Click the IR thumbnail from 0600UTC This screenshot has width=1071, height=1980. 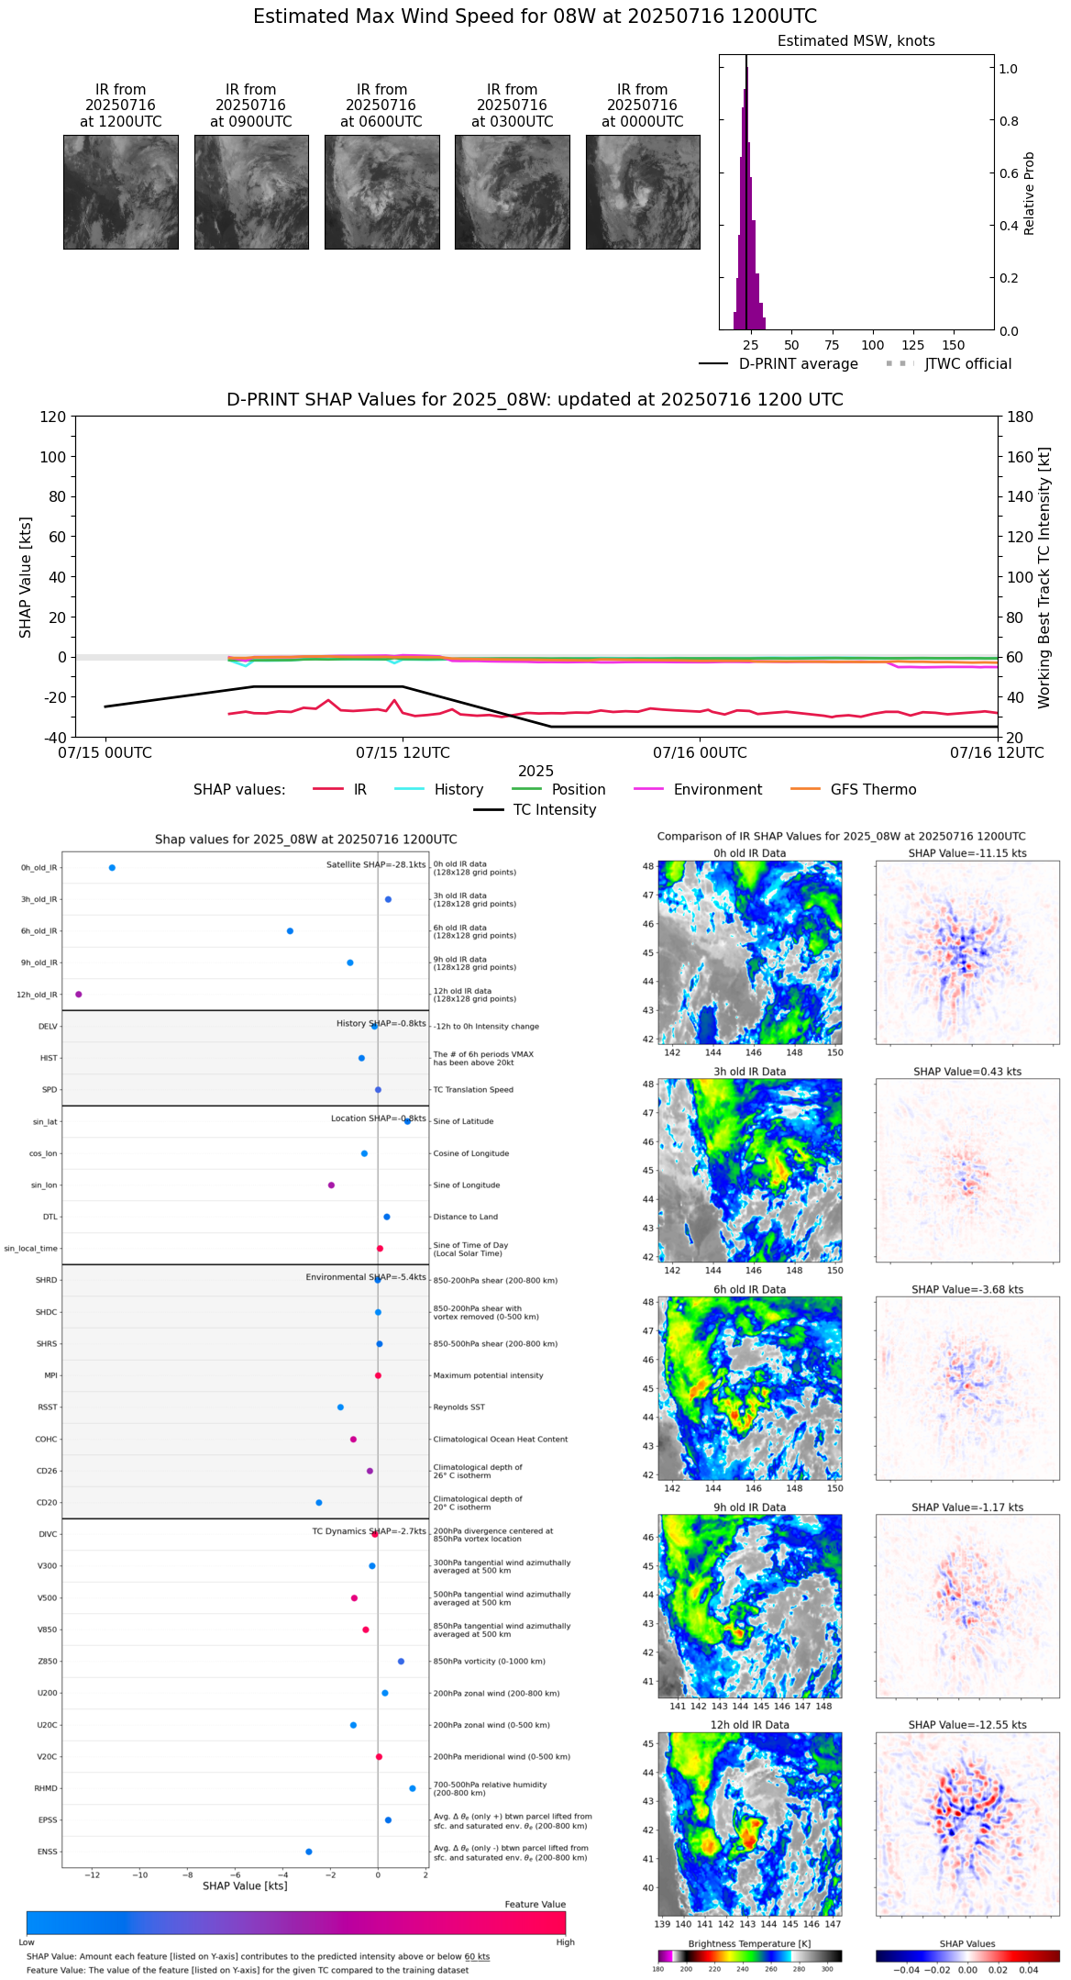[x=381, y=192]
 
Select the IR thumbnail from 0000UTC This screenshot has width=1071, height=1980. [x=643, y=192]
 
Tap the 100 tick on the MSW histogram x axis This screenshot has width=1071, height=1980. [x=872, y=345]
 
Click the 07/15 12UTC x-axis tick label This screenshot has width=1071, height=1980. [x=403, y=753]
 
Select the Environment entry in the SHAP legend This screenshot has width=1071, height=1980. [x=717, y=790]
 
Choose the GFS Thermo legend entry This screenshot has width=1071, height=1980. [x=873, y=790]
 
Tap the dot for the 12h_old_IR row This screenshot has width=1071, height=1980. [x=79, y=995]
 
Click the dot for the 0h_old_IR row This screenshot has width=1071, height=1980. [x=112, y=868]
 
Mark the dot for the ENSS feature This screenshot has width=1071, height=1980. [x=308, y=1852]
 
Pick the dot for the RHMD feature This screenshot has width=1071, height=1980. [x=413, y=1788]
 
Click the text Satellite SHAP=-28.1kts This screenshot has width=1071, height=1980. [x=376, y=864]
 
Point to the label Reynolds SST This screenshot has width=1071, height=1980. [x=458, y=1407]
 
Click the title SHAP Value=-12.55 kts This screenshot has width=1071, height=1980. [x=967, y=1725]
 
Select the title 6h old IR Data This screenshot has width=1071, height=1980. [x=749, y=1290]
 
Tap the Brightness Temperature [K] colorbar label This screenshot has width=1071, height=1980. [x=749, y=1943]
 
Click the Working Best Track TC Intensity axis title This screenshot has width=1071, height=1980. [x=1044, y=578]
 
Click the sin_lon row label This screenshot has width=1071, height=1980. [x=44, y=1185]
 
